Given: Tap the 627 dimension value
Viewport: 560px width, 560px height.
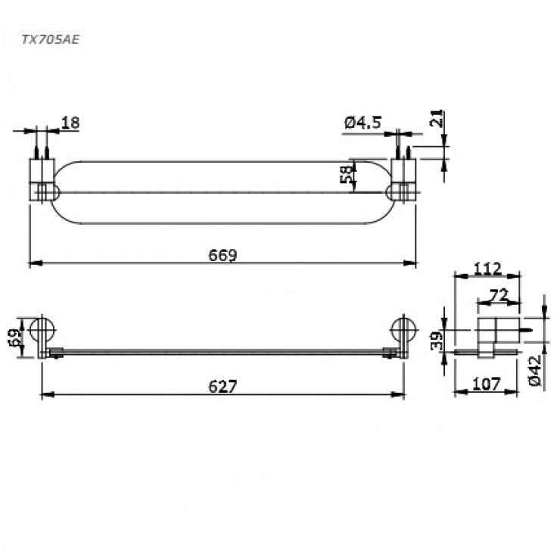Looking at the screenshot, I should pos(222,386).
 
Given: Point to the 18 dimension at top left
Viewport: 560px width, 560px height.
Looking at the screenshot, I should pos(70,123).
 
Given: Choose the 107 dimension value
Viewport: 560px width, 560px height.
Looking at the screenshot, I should pos(485,385).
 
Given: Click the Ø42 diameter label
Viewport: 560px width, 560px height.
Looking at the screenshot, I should pos(535,372).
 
